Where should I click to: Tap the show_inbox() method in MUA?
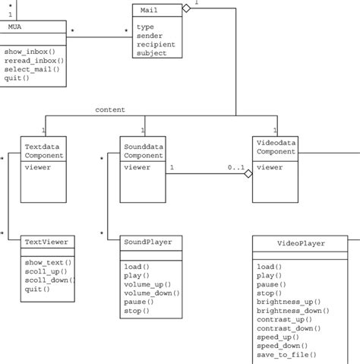click(x=30, y=51)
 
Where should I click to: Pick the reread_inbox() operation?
click(x=33, y=60)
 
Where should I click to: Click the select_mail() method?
click(x=31, y=69)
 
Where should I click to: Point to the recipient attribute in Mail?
click(x=156, y=44)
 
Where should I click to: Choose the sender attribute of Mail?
click(x=151, y=35)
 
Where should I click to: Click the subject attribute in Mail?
click(x=152, y=53)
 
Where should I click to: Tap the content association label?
click(x=110, y=110)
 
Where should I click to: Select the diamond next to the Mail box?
click(x=185, y=8)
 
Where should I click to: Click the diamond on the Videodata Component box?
click(x=247, y=174)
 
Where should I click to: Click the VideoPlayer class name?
click(x=302, y=244)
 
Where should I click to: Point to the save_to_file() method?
click(x=286, y=354)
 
